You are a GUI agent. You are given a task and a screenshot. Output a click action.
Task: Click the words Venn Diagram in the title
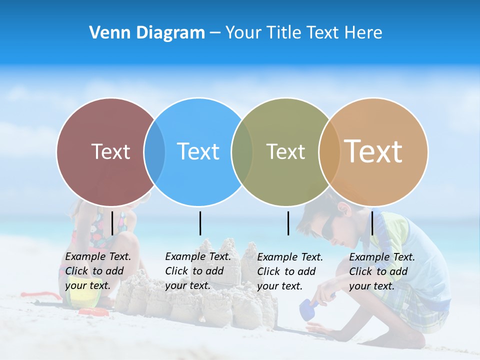[147, 33]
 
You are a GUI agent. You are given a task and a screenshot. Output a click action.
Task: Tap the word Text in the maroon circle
[110, 151]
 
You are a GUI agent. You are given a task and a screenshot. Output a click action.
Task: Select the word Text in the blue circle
[198, 151]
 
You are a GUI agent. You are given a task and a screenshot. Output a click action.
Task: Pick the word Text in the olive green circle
[285, 151]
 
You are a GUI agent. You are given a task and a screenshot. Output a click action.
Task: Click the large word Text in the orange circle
[373, 151]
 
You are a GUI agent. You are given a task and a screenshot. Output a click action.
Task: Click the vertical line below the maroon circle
[112, 223]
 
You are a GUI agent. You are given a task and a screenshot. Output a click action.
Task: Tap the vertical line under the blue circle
[200, 223]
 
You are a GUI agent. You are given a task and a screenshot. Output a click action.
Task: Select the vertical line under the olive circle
[288, 223]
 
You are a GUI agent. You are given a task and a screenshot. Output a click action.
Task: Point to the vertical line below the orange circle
[372, 223]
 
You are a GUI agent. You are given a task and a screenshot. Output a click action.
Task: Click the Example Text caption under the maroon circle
[98, 271]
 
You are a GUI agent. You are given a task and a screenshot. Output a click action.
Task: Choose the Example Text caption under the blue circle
[198, 271]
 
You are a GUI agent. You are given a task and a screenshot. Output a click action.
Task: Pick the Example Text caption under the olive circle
[290, 271]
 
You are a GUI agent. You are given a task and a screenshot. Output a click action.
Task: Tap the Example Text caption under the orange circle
[382, 271]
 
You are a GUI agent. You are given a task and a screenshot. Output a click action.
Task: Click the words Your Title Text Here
[303, 33]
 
